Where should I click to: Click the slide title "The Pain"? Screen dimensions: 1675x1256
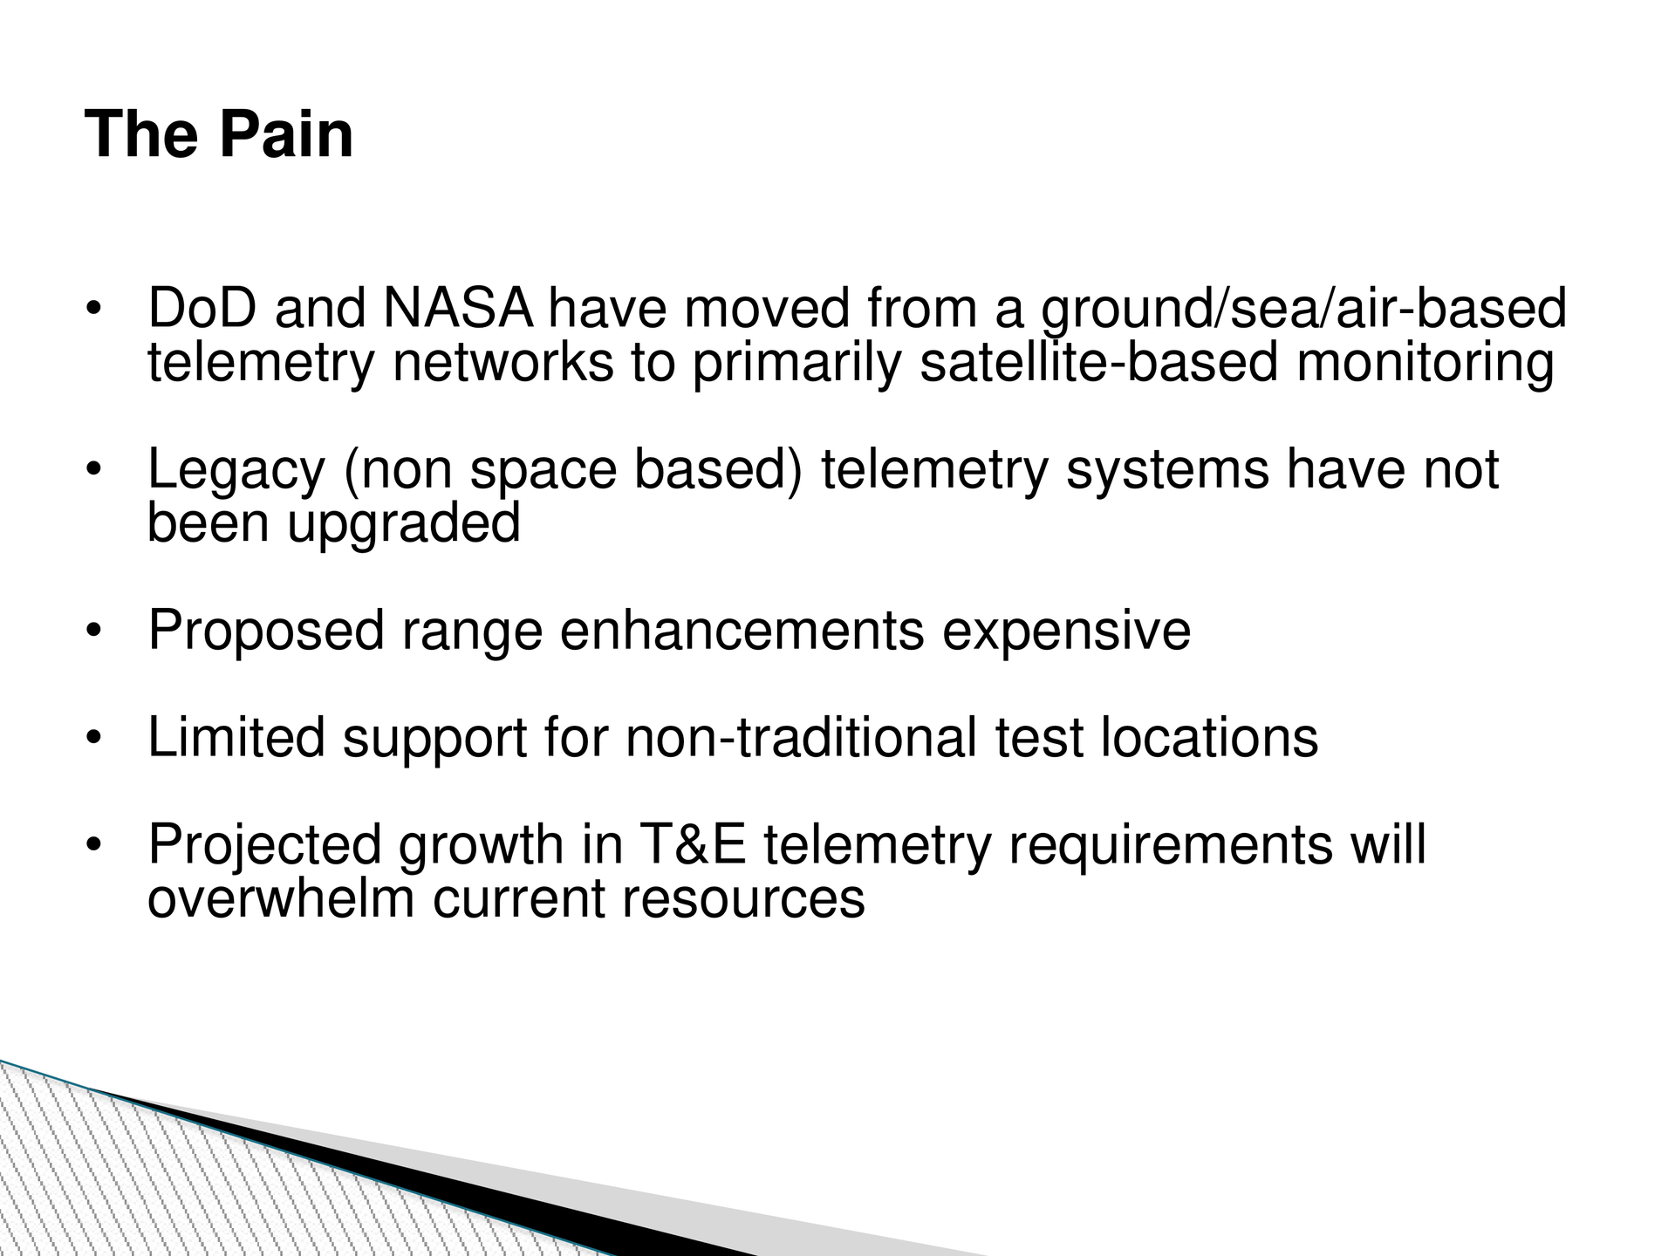[x=219, y=135]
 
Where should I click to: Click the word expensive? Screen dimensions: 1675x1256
[x=1066, y=631]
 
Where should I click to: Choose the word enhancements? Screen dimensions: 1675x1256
[x=742, y=631]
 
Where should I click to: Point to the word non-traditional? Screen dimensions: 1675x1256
[x=801, y=738]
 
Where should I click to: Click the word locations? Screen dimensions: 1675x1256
[x=1209, y=738]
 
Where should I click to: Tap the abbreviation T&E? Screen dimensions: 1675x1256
[x=693, y=845]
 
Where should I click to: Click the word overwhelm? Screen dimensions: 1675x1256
[x=281, y=898]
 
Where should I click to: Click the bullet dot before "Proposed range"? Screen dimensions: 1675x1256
[x=94, y=631]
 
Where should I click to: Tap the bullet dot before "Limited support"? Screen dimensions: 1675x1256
[x=94, y=738]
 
